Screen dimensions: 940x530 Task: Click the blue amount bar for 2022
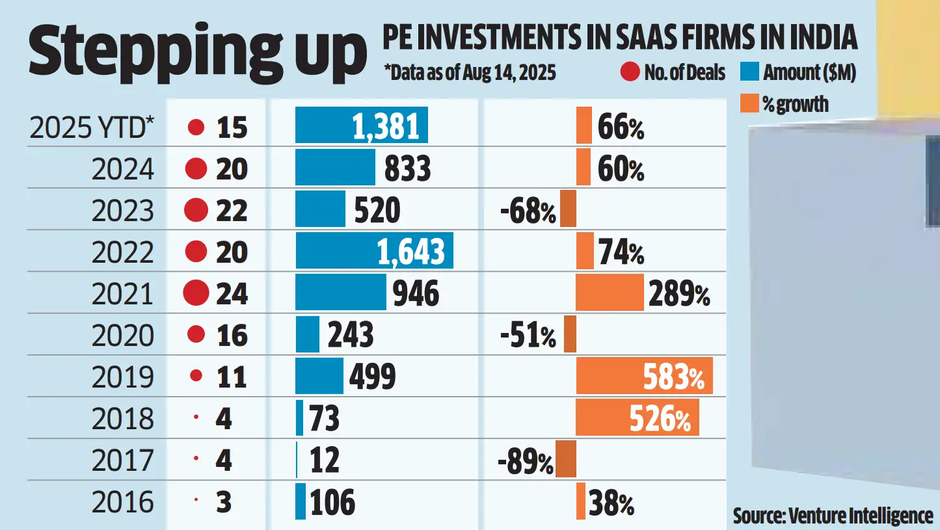[x=374, y=250]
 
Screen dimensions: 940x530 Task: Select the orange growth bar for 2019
[x=644, y=376]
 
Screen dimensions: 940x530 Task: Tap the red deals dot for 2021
[x=196, y=293]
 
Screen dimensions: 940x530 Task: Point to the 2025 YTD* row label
[x=92, y=127]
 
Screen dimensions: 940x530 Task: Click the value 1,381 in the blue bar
[x=386, y=126]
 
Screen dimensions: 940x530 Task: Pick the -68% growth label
[x=528, y=212]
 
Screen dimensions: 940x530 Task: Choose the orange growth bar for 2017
[x=566, y=458]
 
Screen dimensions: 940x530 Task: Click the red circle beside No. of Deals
[x=630, y=72]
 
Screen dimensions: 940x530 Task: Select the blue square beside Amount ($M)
[x=749, y=72]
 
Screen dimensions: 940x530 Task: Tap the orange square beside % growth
[x=749, y=103]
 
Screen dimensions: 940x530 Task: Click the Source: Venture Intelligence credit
[x=833, y=516]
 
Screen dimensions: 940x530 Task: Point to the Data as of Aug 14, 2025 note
[x=470, y=73]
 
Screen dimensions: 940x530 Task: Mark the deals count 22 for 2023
[x=232, y=210]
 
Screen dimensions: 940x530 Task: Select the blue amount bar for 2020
[x=308, y=334]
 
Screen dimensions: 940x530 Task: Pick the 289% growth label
[x=679, y=293]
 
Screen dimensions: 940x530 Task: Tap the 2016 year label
[x=122, y=502]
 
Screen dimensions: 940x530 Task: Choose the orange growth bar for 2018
[x=638, y=417]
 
